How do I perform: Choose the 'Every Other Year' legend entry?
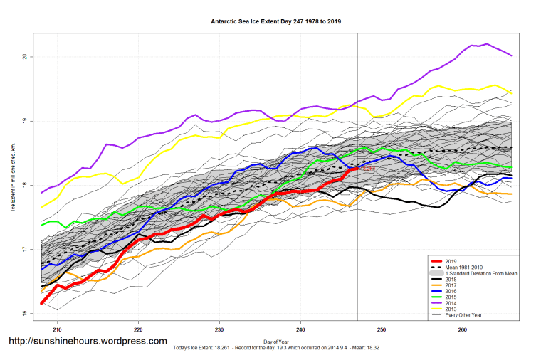pyautogui.click(x=463, y=315)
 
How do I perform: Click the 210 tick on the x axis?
pyautogui.click(x=58, y=329)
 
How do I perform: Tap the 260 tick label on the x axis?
pyautogui.click(x=463, y=329)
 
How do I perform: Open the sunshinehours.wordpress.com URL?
pyautogui.click(x=88, y=342)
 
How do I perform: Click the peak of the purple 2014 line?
pyautogui.click(x=487, y=44)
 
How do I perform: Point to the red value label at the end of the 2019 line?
pyautogui.click(x=367, y=169)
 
